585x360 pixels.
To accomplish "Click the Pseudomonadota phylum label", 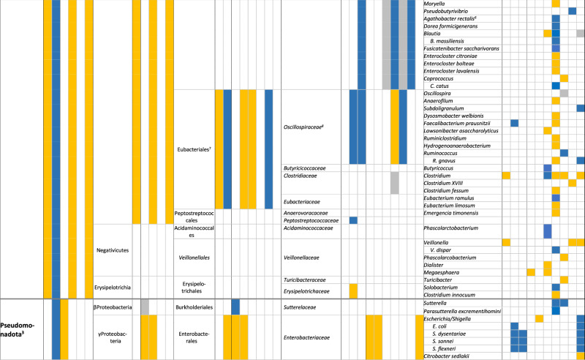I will (21, 326).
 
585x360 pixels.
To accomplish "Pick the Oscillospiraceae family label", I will (311, 127).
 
